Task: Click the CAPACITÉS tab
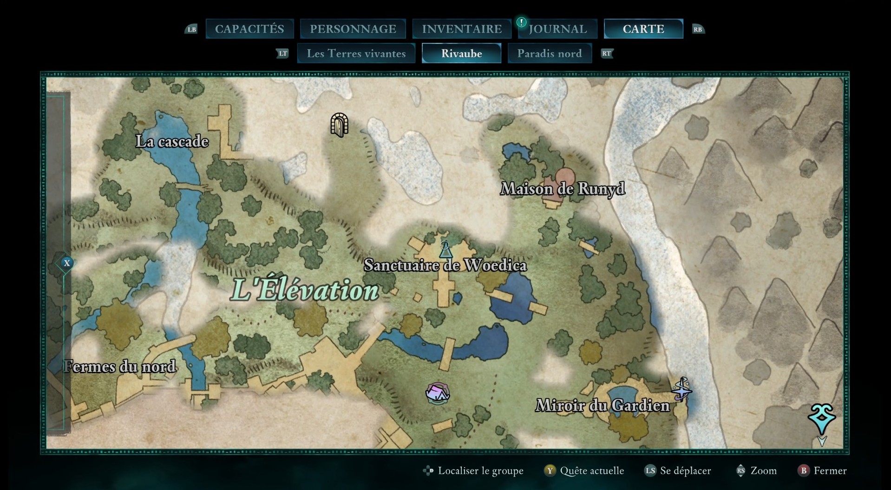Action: pos(249,29)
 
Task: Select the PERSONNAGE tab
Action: pos(353,29)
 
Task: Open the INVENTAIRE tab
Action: pos(462,29)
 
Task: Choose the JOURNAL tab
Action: pos(557,29)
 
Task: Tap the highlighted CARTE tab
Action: pos(643,29)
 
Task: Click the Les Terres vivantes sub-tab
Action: pos(356,53)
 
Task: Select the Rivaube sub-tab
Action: pos(461,53)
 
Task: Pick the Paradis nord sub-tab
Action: pos(550,53)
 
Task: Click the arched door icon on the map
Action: pos(339,125)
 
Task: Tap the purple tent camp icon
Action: pos(437,393)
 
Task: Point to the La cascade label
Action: pos(172,141)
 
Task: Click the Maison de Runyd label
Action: pos(562,189)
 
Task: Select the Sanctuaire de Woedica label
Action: pos(445,265)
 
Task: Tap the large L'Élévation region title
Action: pos(305,290)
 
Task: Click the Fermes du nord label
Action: pos(120,367)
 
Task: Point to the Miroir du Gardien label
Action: pos(603,405)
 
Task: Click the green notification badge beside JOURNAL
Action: pos(522,22)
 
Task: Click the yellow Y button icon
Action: pos(550,471)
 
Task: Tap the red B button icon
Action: pos(804,471)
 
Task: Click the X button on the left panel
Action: pos(67,263)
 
